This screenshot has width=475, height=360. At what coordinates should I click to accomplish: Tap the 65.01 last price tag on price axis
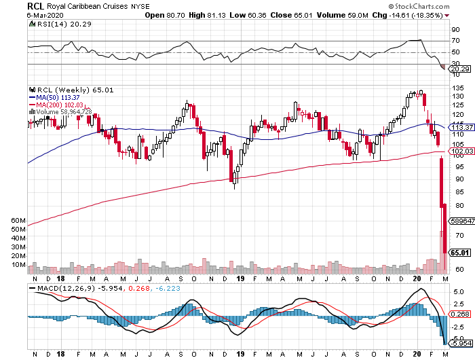tap(459, 253)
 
